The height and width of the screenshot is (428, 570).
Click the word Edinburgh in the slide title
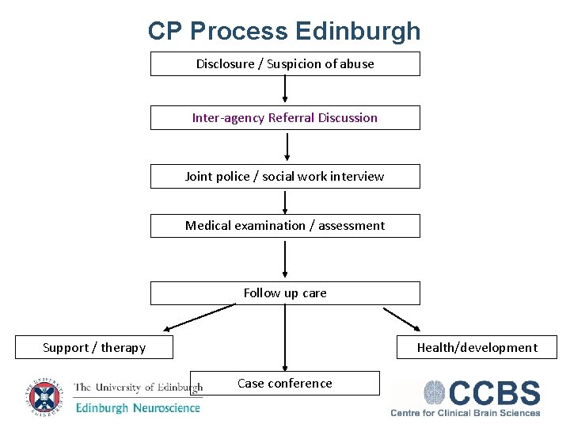click(x=358, y=32)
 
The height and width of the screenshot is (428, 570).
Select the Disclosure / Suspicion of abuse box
click(x=285, y=64)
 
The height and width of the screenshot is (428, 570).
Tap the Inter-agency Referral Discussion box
click(x=285, y=118)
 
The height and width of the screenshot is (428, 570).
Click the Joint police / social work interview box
click(x=285, y=177)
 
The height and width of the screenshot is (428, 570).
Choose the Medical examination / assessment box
click(x=285, y=226)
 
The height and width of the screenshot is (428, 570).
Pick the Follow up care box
click(x=285, y=293)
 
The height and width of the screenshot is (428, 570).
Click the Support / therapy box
click(x=94, y=348)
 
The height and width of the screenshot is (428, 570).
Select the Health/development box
click(x=477, y=348)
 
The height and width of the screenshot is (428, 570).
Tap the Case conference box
click(x=285, y=384)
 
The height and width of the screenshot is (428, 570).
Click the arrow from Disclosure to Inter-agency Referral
click(x=285, y=90)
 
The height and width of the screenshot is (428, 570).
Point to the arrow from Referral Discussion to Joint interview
click(x=287, y=147)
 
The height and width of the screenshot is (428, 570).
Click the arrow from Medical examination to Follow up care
click(x=285, y=258)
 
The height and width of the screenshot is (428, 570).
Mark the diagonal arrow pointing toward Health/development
click(x=402, y=319)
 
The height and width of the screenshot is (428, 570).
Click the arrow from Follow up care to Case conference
click(x=285, y=338)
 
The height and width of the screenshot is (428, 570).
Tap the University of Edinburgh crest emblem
click(x=43, y=396)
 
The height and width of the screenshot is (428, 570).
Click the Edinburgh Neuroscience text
click(x=138, y=408)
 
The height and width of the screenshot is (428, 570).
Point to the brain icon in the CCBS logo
click(x=435, y=394)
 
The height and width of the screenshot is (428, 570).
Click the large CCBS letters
click(x=495, y=394)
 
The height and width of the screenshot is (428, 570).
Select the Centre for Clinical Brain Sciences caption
click(x=465, y=412)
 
